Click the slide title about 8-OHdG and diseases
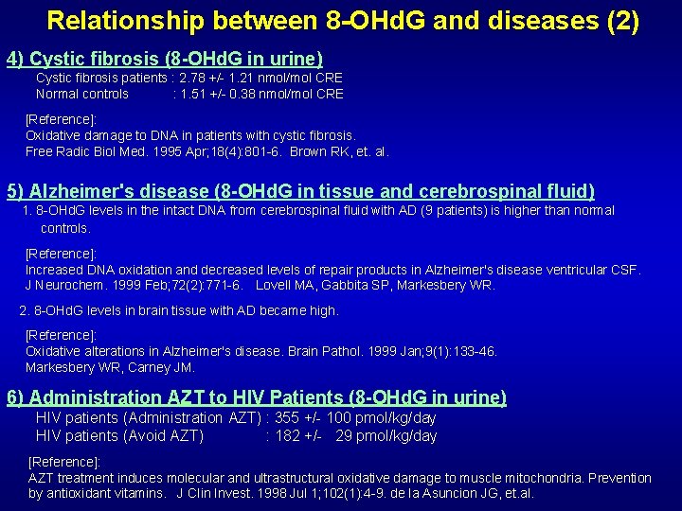pos(342,22)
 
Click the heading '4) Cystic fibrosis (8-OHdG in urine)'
pos(165,60)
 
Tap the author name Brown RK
pos(319,151)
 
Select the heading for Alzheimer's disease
pos(300,190)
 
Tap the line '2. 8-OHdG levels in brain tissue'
pos(179,310)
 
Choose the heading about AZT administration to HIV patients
pos(257,397)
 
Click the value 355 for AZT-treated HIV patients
pos(286,417)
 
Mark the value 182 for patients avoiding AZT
pos(286,435)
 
